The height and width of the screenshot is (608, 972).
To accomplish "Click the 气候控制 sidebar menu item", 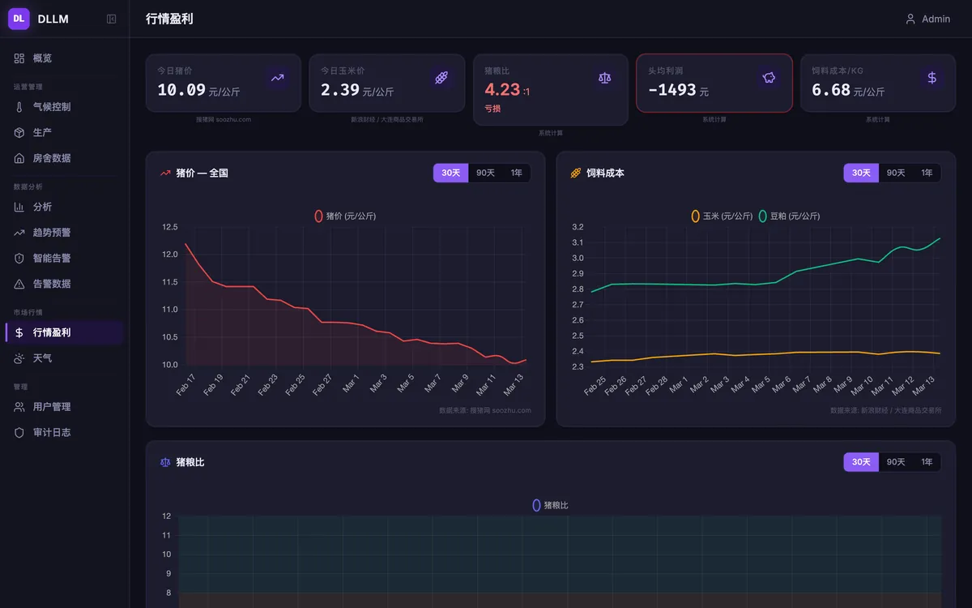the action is (x=42, y=107).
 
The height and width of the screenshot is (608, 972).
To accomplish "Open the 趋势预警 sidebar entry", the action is (x=42, y=233).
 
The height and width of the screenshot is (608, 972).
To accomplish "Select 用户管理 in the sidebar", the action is (x=42, y=407).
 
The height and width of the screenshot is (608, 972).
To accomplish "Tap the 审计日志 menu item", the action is (x=42, y=433).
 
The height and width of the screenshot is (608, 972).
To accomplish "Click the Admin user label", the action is (x=936, y=19).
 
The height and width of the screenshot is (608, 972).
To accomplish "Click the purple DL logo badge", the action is (x=19, y=19).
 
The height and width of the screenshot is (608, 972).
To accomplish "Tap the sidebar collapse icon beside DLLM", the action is (x=111, y=19).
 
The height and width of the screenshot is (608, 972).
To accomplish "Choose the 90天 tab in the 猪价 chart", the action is (x=485, y=173).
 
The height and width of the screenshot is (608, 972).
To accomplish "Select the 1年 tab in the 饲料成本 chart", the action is (x=927, y=173).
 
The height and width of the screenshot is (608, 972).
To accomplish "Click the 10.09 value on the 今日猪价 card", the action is (x=181, y=90).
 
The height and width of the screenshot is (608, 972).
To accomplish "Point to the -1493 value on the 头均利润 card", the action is (x=671, y=90).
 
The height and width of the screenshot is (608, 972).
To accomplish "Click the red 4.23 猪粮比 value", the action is (x=502, y=90).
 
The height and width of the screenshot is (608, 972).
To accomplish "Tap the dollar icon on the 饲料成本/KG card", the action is (x=932, y=78).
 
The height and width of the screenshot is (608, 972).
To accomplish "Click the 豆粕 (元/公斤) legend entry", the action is (x=789, y=216).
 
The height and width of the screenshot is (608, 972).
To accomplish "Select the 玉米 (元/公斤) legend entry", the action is (x=722, y=216).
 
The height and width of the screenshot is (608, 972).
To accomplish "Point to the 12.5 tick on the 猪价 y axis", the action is (x=169, y=227).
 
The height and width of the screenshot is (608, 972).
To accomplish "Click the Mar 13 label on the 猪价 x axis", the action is (x=514, y=385).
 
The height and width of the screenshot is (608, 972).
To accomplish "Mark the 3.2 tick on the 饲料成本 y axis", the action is (x=578, y=227).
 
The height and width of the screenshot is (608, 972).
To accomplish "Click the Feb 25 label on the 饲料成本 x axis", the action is (x=594, y=386).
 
